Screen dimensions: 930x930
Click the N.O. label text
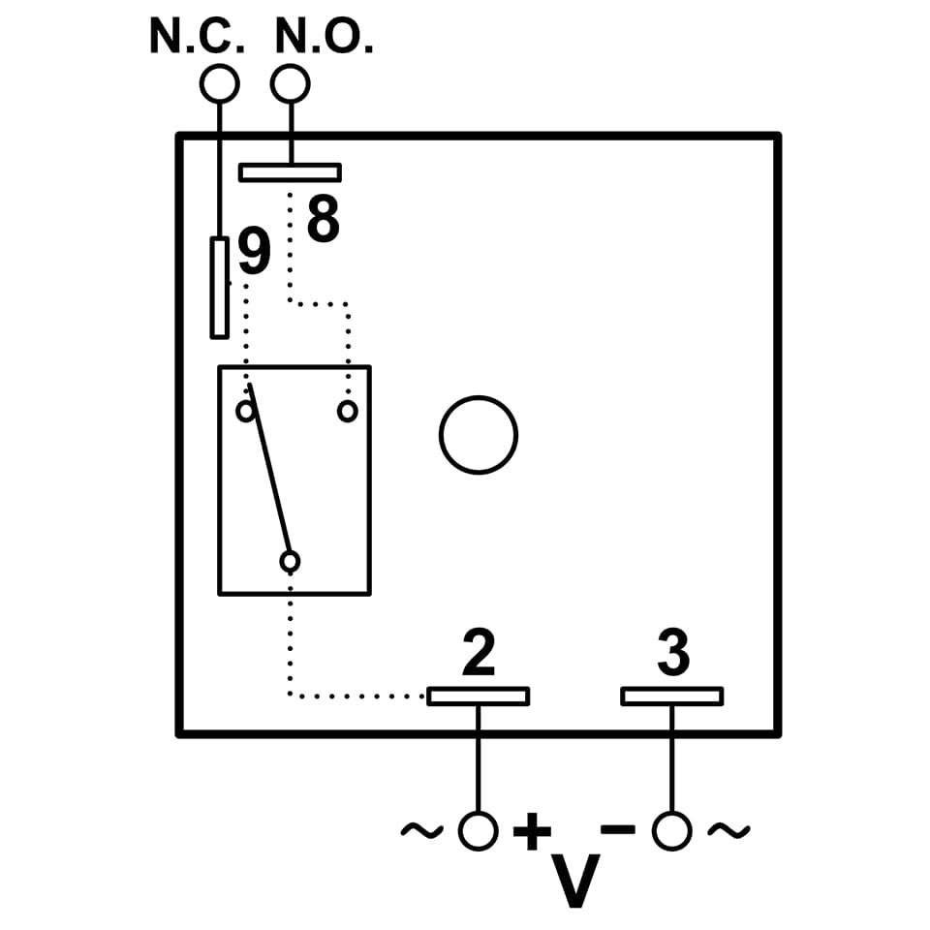[x=324, y=37]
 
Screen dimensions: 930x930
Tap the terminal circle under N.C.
[x=219, y=84]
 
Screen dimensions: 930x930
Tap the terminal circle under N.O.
[x=291, y=84]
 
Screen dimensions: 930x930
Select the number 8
[x=324, y=221]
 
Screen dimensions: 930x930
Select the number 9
[x=254, y=253]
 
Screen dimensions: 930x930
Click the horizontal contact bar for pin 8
[x=290, y=172]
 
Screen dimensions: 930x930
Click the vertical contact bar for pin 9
[x=220, y=288]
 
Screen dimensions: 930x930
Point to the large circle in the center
[x=478, y=435]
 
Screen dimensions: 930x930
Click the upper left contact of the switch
[x=246, y=412]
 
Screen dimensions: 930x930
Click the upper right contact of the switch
[x=347, y=412]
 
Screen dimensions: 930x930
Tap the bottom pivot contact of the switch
[x=290, y=561]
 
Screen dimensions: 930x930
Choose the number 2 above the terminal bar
[x=479, y=654]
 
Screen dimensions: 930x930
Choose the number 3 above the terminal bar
[x=673, y=654]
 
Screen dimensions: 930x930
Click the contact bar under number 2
[x=479, y=696]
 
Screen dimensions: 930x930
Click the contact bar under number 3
[x=671, y=696]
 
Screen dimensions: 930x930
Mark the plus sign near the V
[x=532, y=831]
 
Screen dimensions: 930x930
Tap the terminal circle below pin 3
[x=671, y=831]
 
